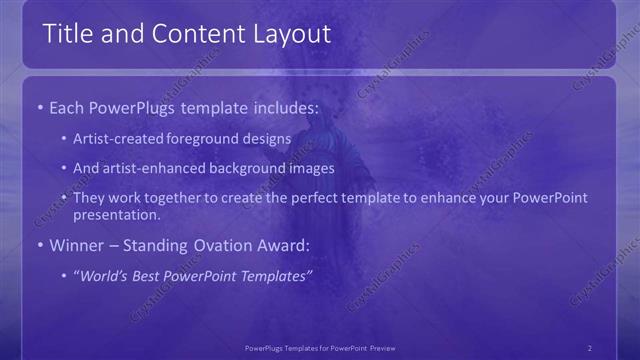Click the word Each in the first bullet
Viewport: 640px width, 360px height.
(x=67, y=106)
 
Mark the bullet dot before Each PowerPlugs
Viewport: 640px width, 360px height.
(x=39, y=106)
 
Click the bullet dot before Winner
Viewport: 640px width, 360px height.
(x=39, y=245)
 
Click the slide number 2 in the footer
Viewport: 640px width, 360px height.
(x=589, y=347)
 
